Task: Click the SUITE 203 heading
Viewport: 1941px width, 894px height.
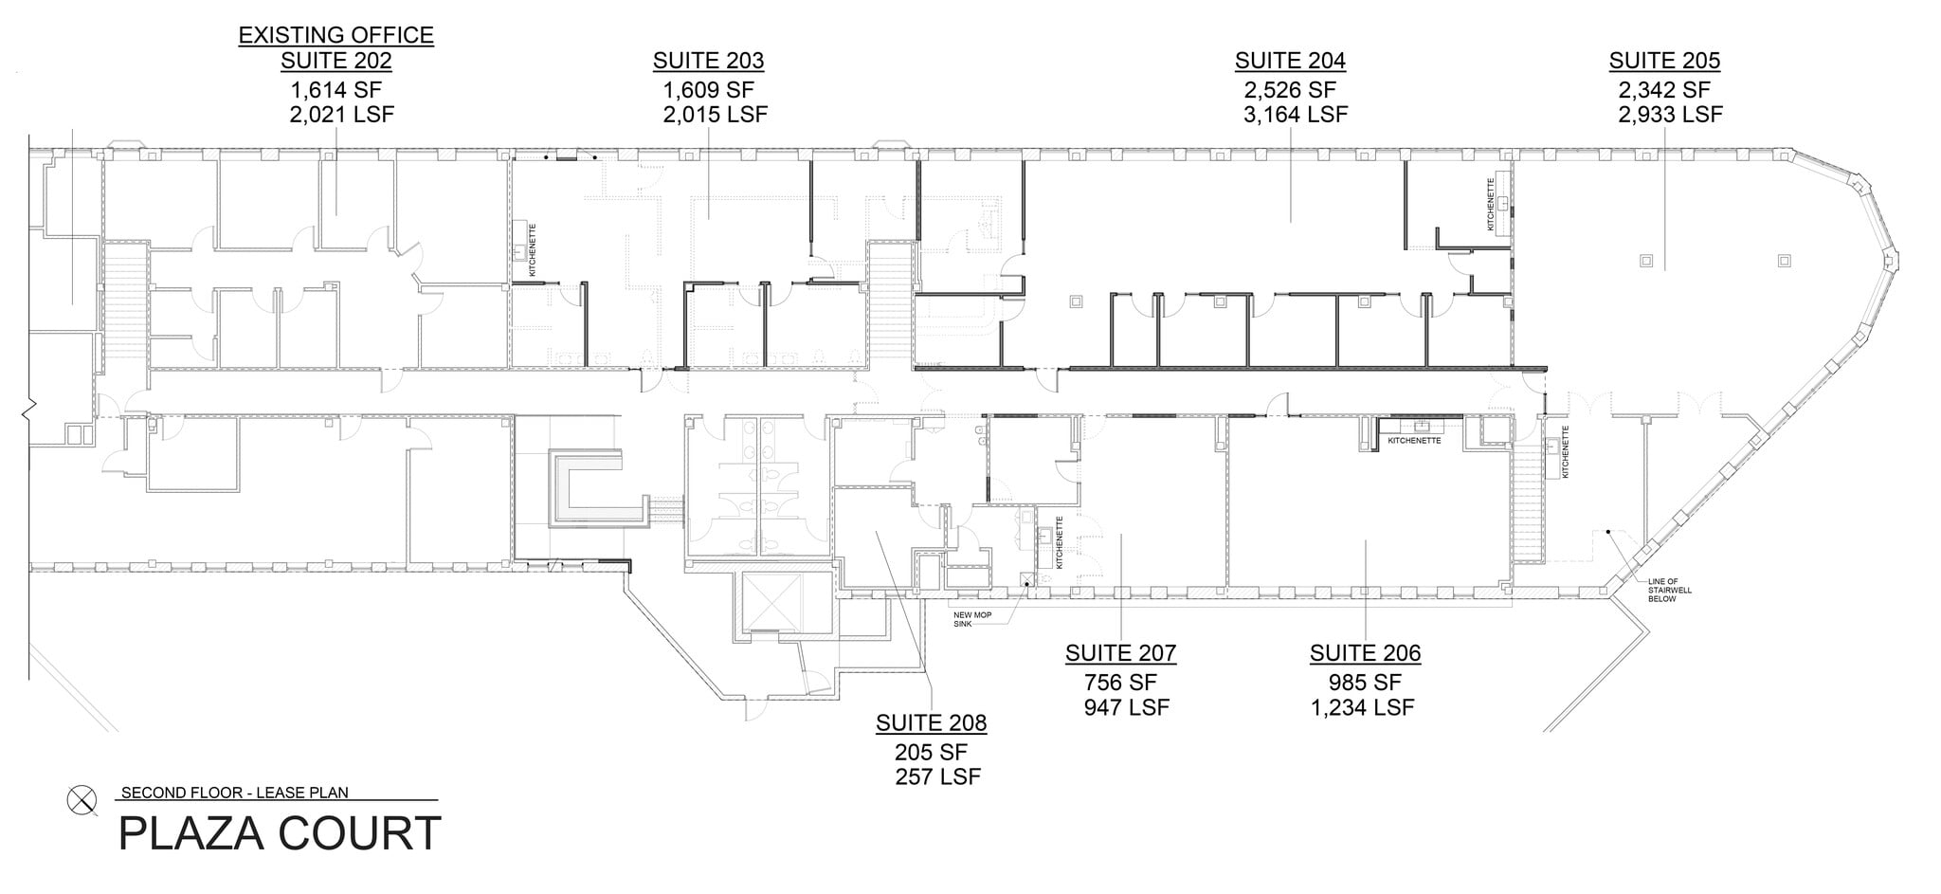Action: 708,61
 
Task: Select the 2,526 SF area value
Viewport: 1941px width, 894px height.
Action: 1289,90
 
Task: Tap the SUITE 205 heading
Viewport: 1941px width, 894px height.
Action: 1664,61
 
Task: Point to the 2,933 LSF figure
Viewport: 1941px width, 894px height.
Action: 1670,115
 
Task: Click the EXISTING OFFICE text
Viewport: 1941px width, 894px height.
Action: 336,35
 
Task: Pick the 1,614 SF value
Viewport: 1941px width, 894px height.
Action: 336,90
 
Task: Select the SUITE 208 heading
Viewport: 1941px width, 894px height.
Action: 931,723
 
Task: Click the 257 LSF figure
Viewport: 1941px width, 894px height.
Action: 937,777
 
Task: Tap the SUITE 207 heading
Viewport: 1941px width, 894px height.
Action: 1120,653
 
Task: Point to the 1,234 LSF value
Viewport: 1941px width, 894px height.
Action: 1362,707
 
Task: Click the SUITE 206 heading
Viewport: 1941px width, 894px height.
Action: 1365,653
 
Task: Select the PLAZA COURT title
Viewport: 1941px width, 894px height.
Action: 280,834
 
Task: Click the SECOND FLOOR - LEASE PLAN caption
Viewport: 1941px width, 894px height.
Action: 235,794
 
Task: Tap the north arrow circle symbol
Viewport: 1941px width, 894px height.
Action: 82,801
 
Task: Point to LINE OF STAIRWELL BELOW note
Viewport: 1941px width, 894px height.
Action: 1669,590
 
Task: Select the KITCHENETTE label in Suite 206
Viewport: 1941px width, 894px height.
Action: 1414,441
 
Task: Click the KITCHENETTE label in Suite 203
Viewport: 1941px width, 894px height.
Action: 533,250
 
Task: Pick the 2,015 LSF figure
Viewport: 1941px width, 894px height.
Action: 715,115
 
